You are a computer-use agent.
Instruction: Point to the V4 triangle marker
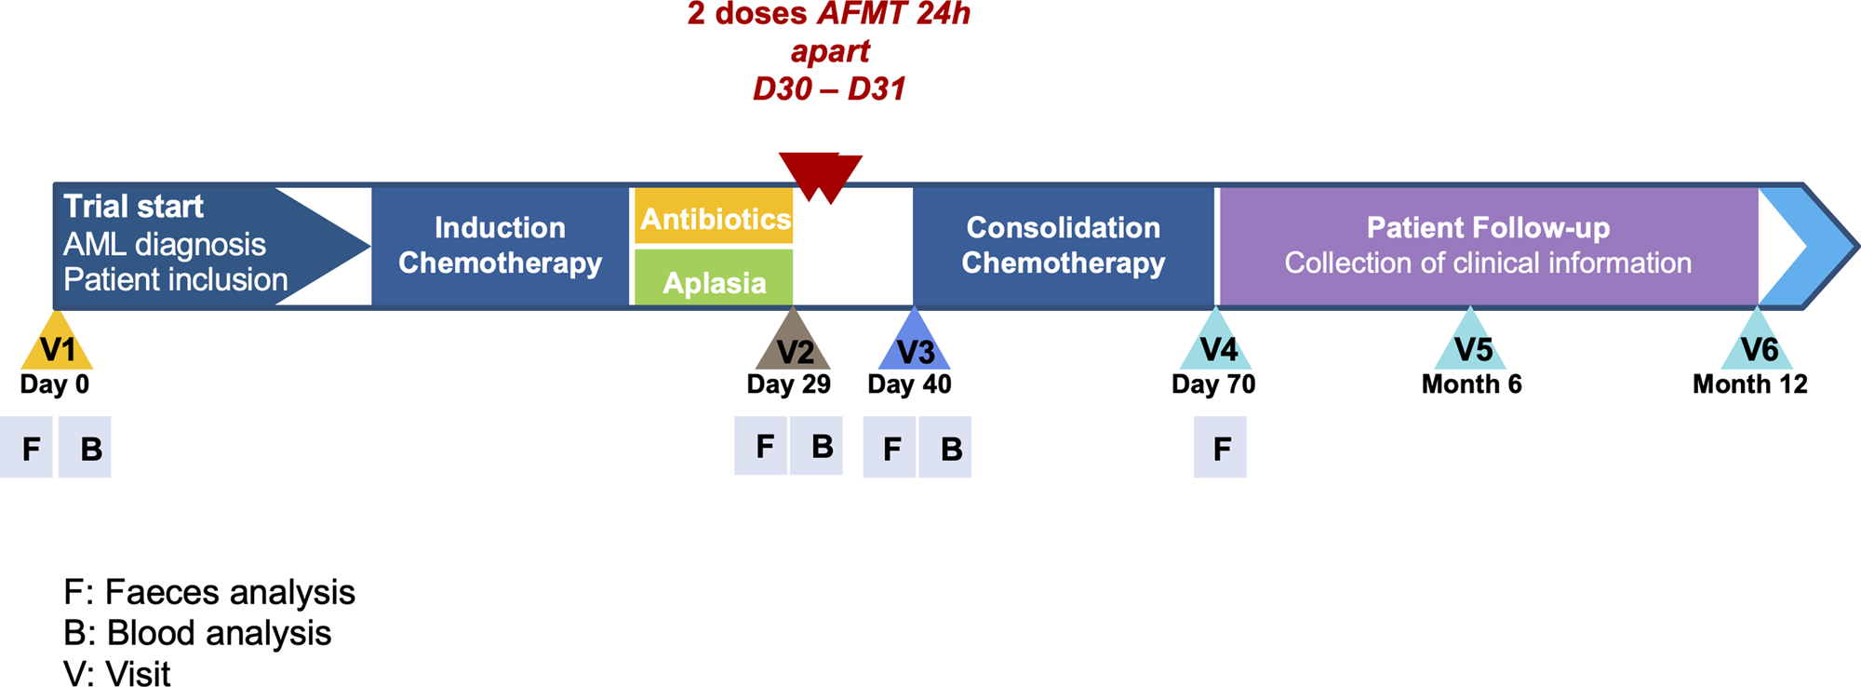pyautogui.click(x=1216, y=344)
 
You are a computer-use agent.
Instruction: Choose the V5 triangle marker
pyautogui.click(x=1470, y=344)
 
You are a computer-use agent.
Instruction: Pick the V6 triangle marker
pyautogui.click(x=1757, y=344)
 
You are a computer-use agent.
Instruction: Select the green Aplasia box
pyautogui.click(x=714, y=278)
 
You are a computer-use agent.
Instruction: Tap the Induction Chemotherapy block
pyautogui.click(x=500, y=246)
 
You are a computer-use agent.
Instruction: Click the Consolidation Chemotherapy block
pyautogui.click(x=1063, y=246)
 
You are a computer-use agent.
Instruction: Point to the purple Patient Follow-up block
pyautogui.click(x=1487, y=246)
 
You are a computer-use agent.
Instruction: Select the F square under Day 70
pyautogui.click(x=1220, y=448)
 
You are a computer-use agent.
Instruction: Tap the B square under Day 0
pyautogui.click(x=85, y=448)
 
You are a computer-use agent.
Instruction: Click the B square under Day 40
pyautogui.click(x=944, y=448)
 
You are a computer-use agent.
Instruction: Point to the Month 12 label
pyautogui.click(x=1749, y=384)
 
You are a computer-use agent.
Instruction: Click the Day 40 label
pyautogui.click(x=909, y=384)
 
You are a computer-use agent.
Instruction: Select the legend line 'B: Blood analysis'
pyautogui.click(x=197, y=633)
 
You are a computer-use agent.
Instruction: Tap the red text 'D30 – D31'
pyautogui.click(x=829, y=89)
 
